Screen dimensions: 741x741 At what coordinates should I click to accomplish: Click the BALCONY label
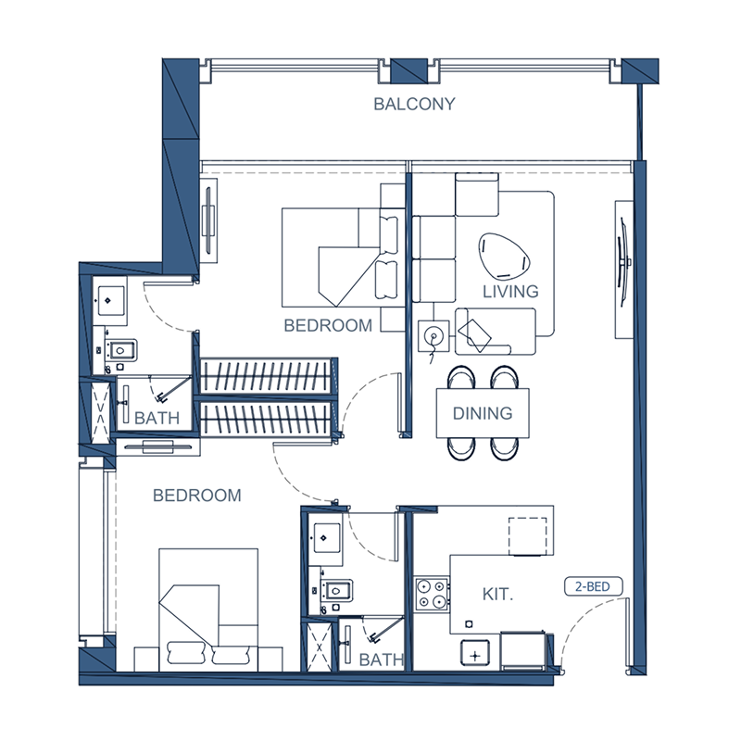[x=414, y=104]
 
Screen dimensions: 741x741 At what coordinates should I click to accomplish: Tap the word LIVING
[x=510, y=291]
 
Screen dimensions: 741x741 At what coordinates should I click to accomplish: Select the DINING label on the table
[x=483, y=413]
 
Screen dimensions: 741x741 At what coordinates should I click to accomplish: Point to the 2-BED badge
[x=594, y=586]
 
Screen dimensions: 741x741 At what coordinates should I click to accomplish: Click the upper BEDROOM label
[x=328, y=325]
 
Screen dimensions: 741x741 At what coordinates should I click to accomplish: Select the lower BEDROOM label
[x=196, y=496]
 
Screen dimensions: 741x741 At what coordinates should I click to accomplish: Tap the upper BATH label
[x=157, y=418]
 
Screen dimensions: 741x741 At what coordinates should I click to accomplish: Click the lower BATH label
[x=382, y=659]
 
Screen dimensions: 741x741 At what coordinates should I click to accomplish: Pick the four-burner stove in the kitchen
[x=431, y=593]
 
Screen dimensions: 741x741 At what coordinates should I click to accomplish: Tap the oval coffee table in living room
[x=502, y=256]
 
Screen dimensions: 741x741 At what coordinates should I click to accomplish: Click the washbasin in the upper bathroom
[x=110, y=299]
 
